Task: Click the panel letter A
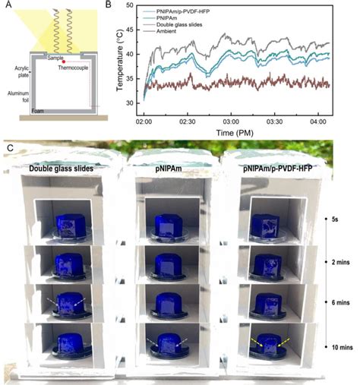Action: [x=6, y=6]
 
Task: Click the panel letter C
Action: [x=7, y=141]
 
